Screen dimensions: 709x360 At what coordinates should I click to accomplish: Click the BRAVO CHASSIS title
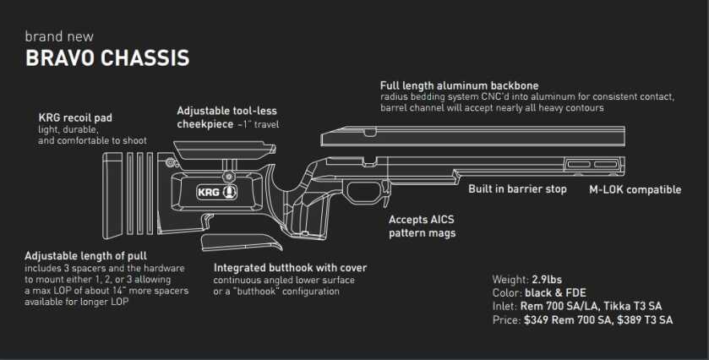107,58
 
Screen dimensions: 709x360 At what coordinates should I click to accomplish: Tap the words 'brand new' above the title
59,36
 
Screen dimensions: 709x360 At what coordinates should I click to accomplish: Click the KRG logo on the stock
217,192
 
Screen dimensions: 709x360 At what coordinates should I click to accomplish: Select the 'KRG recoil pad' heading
75,117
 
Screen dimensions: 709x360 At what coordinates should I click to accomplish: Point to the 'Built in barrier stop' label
517,189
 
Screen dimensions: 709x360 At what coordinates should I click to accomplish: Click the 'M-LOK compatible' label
635,189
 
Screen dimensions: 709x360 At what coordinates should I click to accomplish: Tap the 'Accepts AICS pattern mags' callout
422,226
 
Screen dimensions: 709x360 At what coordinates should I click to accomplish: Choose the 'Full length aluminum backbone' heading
460,85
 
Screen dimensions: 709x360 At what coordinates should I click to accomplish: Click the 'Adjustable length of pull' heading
86,256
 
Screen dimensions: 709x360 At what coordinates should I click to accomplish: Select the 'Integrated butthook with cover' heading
291,268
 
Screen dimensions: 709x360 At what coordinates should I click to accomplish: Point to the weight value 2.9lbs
547,280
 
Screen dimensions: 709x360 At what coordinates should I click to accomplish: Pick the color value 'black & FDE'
555,293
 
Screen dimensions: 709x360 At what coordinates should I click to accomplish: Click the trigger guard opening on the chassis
365,192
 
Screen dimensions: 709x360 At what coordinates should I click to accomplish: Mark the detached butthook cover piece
242,242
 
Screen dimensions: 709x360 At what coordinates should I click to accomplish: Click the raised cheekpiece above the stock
225,150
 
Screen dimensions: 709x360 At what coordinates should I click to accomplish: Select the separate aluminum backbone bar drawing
473,136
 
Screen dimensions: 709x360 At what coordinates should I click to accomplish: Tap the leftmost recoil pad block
112,195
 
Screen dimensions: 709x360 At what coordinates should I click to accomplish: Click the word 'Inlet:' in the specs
504,307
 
